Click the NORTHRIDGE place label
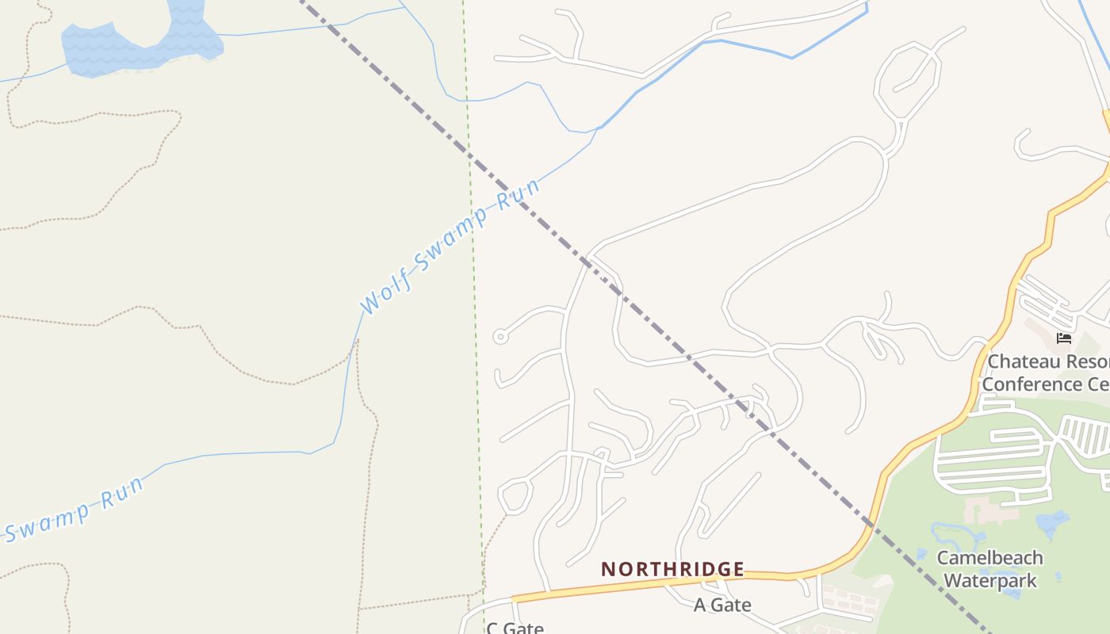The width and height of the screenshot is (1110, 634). point(672,569)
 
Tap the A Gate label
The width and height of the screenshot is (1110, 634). point(722,605)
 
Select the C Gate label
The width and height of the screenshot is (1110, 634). point(515,628)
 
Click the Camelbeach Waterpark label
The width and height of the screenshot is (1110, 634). point(989,569)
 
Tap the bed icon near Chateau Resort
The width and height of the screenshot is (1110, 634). point(1064,338)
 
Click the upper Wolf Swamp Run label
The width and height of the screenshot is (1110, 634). point(449,245)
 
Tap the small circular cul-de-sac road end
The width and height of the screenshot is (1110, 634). point(499,337)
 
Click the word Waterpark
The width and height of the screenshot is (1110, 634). point(989,580)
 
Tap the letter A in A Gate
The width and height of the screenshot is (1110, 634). point(700,605)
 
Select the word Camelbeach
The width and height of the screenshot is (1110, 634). point(989,558)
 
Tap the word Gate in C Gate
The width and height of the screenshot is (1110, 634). point(524,628)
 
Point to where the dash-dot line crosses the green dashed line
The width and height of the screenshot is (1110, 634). point(469,156)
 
